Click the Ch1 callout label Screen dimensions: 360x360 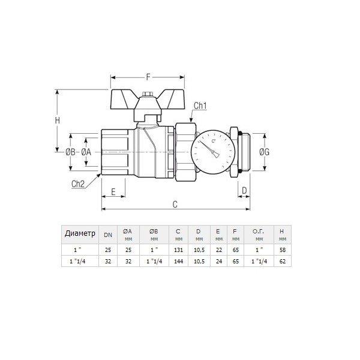tap(200, 106)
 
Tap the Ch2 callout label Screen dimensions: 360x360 tap(78, 184)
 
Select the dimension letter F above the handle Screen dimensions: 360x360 tap(148, 77)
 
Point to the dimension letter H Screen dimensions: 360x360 tap(58, 121)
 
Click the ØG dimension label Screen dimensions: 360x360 tap(264, 152)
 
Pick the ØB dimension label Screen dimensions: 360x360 tap(70, 152)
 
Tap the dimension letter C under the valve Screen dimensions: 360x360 tap(175, 204)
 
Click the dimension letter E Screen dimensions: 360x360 tap(113, 192)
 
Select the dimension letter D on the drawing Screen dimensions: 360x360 tap(244, 190)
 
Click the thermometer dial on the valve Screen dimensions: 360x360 tap(213, 152)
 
